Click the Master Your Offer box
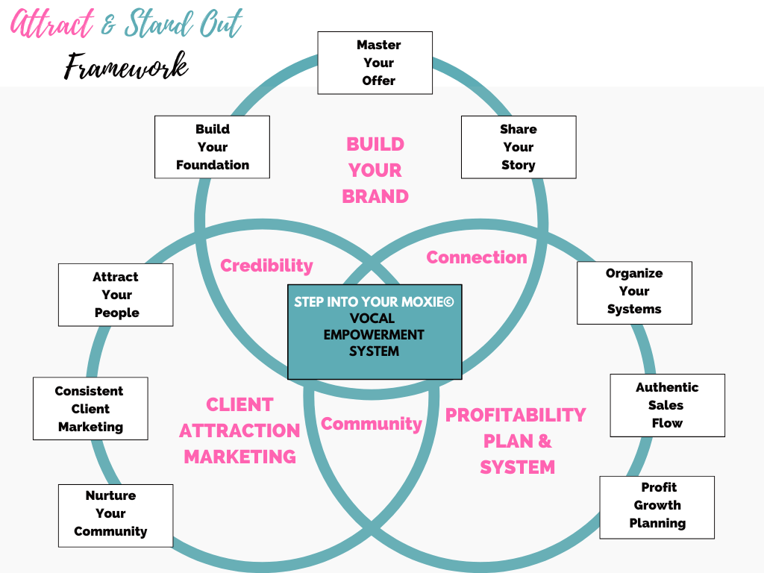tap(375, 63)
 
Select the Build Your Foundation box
tap(212, 147)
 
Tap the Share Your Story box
tap(518, 147)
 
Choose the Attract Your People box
tap(116, 295)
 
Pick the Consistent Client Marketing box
tap(90, 409)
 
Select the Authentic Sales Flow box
tap(667, 405)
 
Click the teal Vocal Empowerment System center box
tap(375, 332)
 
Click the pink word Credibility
tap(266, 266)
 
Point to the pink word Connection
tap(476, 257)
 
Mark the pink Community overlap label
tap(371, 424)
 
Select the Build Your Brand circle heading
tap(375, 170)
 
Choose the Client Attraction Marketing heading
tap(239, 430)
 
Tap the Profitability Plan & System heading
tap(516, 440)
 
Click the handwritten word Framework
tap(125, 66)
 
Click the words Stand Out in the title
tap(184, 25)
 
